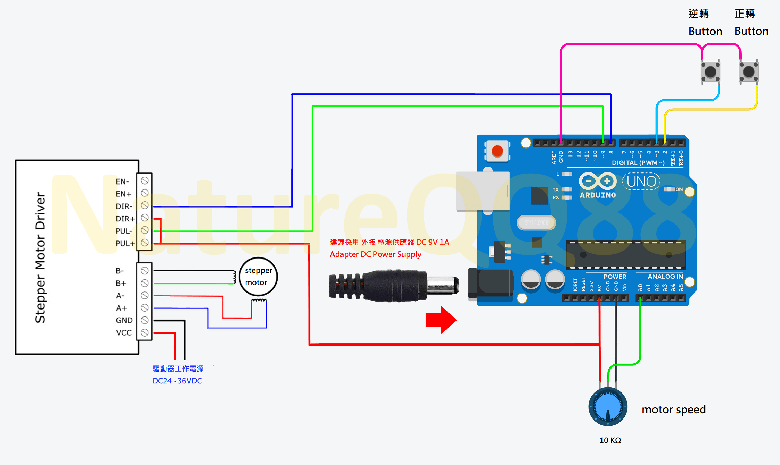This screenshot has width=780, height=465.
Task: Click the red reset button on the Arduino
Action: coord(497,151)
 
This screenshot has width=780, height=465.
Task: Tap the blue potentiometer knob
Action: coord(608,407)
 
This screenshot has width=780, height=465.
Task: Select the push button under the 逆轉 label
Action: coord(710,72)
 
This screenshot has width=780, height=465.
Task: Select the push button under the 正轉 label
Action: coord(748,72)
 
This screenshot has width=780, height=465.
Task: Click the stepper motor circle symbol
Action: coord(258,277)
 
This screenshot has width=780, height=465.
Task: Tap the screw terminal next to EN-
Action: coord(145,180)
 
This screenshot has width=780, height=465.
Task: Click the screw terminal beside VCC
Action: coord(145,332)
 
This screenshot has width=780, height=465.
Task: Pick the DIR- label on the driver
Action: coord(124,206)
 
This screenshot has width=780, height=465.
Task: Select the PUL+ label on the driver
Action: coord(125,244)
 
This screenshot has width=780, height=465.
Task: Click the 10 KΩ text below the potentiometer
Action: coord(610,440)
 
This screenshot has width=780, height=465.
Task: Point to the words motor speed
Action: coord(674,409)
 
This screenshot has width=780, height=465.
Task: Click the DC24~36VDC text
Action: coord(177,381)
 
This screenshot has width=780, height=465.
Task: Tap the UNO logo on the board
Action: coord(641,181)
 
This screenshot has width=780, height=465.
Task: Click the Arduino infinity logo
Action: coord(598,181)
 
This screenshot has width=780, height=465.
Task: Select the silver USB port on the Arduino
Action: coord(483,191)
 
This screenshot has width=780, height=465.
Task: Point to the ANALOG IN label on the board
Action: coord(665,277)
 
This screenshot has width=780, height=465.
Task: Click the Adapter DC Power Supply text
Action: coord(375,254)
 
